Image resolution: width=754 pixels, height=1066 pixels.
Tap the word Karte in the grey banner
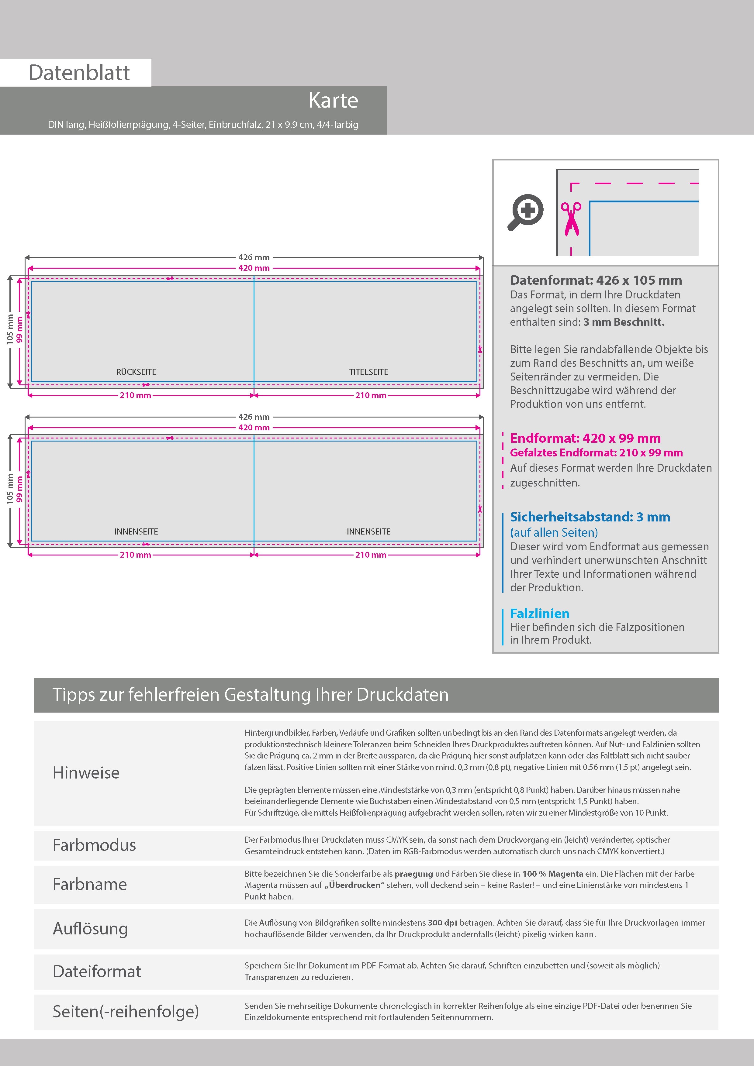tap(333, 100)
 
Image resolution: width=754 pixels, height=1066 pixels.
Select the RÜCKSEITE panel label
tap(136, 372)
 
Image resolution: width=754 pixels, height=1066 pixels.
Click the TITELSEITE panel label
tap(368, 372)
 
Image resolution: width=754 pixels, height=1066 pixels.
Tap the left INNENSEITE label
tap(136, 531)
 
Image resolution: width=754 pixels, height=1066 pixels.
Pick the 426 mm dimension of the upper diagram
tap(254, 257)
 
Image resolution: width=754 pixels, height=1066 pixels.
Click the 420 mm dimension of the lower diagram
tap(254, 428)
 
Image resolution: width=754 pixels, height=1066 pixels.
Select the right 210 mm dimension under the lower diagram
tap(371, 555)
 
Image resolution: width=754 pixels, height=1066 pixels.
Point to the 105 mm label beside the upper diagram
tap(10, 330)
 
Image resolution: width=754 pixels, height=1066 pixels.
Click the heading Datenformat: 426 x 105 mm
tap(596, 280)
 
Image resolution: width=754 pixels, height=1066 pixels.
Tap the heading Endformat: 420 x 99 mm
tap(585, 438)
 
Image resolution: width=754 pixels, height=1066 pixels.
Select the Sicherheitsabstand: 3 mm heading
tap(590, 517)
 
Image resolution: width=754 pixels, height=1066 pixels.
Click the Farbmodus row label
tap(94, 845)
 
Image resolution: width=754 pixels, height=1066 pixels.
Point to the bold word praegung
tap(413, 873)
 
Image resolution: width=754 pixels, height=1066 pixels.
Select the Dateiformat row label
tap(97, 971)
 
